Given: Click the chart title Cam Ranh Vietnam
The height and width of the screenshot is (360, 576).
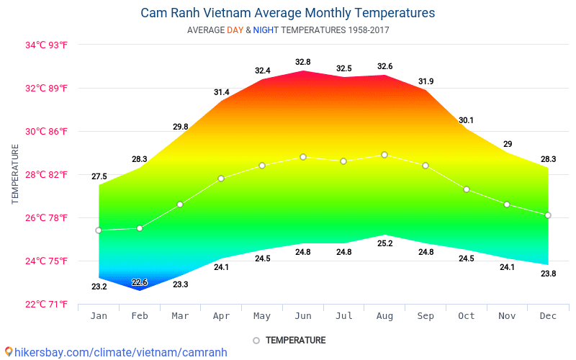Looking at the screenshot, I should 287,13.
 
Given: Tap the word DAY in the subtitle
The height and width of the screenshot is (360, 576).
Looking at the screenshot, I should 235,30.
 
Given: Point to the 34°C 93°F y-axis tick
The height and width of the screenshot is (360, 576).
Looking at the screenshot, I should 47,45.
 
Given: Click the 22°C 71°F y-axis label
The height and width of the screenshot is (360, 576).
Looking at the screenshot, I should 47,304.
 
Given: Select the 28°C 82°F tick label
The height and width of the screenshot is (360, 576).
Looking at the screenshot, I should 47,174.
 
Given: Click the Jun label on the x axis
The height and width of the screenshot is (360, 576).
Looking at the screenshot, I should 303,316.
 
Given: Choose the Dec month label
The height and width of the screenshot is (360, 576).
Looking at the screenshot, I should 548,316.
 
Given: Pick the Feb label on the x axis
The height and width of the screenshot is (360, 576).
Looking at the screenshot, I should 140,316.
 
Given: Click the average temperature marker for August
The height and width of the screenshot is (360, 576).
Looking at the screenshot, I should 384,155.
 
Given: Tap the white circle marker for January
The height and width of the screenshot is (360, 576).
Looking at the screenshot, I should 99,230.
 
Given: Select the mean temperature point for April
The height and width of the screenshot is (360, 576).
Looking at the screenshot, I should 221,179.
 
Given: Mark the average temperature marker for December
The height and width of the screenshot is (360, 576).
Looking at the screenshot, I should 548,215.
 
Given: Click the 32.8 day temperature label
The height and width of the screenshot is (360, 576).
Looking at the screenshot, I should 303,62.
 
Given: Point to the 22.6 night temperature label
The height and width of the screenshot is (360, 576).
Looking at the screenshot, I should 140,282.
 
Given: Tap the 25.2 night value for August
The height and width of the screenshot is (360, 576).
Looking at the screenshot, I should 384,243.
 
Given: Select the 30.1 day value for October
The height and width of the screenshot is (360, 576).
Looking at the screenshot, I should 467,120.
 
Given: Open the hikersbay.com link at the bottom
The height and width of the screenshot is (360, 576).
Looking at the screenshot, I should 115,352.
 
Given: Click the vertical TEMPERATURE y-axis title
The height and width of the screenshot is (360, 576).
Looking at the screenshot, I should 15,174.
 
